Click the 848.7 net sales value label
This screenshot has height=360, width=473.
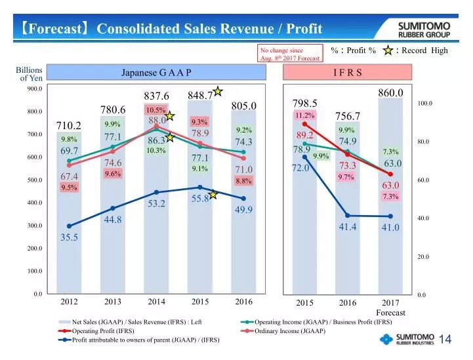coord(199,96)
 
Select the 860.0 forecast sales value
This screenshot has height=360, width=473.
coord(390,94)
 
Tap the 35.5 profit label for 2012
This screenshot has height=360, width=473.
coord(70,237)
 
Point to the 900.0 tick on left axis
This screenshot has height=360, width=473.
coord(35,88)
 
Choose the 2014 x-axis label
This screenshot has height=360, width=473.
coord(156,302)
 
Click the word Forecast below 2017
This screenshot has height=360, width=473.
coord(390,313)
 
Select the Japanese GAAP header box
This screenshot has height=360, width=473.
coord(156,72)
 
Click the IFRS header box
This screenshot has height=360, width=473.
coord(347,72)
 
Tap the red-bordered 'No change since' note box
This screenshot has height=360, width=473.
coord(290,53)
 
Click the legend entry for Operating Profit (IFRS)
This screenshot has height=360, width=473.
coord(98,331)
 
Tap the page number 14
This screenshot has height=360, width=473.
coord(445,339)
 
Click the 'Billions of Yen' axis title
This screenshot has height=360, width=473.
coord(30,74)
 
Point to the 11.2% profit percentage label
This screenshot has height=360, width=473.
coord(304,115)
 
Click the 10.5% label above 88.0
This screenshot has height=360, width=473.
coord(156,110)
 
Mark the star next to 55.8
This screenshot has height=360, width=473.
coord(213,194)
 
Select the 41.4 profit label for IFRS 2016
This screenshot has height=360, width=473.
coord(348,227)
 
